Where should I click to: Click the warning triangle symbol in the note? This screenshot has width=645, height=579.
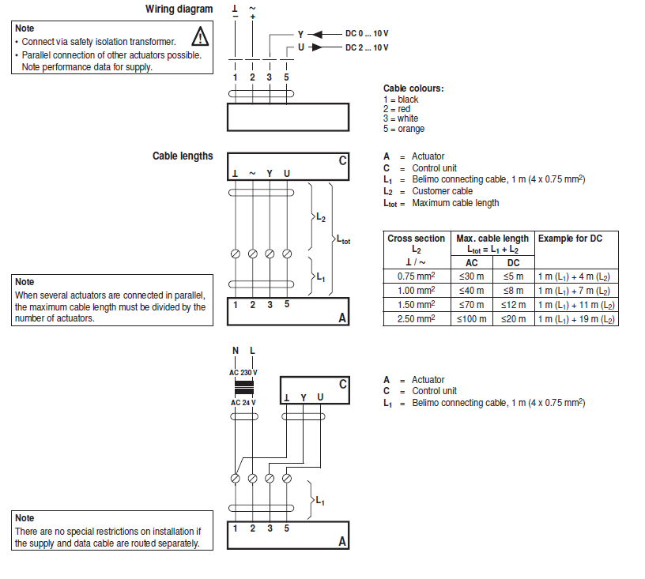[201, 36]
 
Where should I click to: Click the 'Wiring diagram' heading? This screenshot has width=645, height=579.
[179, 9]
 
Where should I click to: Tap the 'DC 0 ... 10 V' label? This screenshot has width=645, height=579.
[367, 34]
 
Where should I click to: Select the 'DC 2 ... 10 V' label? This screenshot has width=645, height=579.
[367, 47]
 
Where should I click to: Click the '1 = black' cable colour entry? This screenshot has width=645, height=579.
[401, 100]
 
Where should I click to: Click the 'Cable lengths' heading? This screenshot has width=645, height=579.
[183, 156]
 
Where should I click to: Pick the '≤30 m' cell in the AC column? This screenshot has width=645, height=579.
[472, 276]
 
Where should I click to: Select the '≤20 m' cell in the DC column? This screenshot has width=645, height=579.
[513, 319]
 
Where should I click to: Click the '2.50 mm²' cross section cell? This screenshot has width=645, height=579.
[416, 319]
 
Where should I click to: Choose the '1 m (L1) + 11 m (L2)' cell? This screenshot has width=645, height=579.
[576, 305]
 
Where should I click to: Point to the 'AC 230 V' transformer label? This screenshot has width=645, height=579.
[243, 373]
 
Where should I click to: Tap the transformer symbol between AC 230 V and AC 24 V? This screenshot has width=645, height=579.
[243, 388]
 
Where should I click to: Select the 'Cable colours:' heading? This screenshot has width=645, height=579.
[413, 88]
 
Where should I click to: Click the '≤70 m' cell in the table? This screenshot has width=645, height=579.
[472, 305]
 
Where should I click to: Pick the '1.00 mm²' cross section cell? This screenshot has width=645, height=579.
[416, 291]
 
